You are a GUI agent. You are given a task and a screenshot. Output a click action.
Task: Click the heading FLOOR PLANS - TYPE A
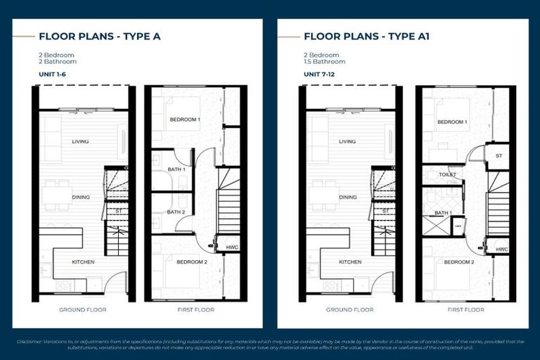pyautogui.click(x=99, y=36)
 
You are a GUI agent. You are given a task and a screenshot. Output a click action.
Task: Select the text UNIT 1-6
pyautogui.click(x=54, y=73)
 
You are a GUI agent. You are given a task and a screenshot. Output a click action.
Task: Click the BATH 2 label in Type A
pyautogui.click(x=176, y=212)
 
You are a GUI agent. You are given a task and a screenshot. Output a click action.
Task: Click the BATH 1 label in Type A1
pyautogui.click(x=442, y=213)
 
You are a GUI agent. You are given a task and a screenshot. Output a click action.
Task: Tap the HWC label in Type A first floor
pyautogui.click(x=231, y=247)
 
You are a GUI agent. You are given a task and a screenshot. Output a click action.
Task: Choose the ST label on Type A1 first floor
pyautogui.click(x=499, y=155)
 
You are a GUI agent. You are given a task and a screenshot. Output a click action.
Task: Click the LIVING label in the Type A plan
pyautogui.click(x=80, y=141)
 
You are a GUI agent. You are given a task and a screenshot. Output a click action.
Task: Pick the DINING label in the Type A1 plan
pyautogui.click(x=347, y=198)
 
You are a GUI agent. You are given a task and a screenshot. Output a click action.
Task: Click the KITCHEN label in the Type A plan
pyautogui.click(x=83, y=262)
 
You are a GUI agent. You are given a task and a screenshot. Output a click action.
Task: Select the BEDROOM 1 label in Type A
pyautogui.click(x=185, y=120)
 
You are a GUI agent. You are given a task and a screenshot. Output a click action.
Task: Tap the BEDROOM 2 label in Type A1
pyautogui.click(x=458, y=262)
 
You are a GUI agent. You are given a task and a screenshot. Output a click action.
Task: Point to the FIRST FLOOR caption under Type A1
pyautogui.click(x=465, y=309)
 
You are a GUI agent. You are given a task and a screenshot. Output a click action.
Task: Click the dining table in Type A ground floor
pyautogui.click(x=56, y=195)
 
